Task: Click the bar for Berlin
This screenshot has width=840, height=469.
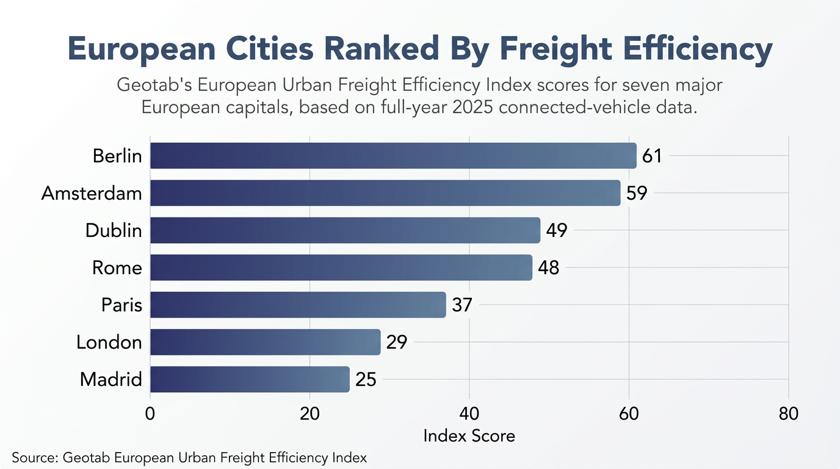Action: (393, 155)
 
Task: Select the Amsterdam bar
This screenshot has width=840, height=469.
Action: (385, 193)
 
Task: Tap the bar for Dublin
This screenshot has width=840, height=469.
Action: (346, 230)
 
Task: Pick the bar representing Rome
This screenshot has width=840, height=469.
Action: (341, 267)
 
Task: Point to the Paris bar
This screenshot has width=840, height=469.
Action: (298, 305)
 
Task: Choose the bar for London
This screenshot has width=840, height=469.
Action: (266, 342)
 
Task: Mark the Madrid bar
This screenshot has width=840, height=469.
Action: (250, 379)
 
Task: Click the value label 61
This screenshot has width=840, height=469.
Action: (652, 156)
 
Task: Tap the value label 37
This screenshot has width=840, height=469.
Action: (462, 305)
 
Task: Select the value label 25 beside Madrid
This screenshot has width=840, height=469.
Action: (366, 380)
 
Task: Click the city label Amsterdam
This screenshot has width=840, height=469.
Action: (92, 194)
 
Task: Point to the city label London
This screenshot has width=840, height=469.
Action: (109, 342)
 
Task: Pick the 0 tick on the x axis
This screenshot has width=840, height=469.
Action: (150, 413)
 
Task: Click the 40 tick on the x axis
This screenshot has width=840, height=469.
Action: (469, 413)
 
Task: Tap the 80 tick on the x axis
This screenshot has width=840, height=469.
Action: (788, 413)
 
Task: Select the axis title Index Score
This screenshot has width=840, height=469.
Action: (469, 436)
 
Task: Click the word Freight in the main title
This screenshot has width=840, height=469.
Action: (556, 49)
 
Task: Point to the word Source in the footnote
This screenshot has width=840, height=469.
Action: (34, 458)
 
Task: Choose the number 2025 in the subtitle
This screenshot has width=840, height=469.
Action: (472, 107)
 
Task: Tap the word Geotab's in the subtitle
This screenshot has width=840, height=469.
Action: (154, 85)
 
